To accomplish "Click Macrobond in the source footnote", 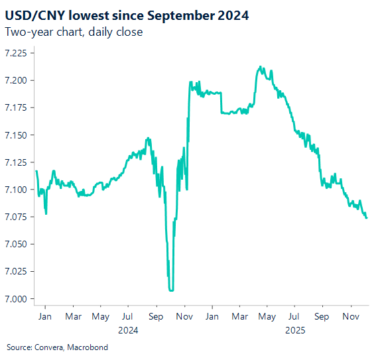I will pyautogui.click(x=88, y=347).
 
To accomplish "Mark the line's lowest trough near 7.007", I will pyautogui.click(x=171, y=290).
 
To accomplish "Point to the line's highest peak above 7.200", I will pyautogui.click(x=260, y=67).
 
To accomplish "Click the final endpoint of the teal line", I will pyautogui.click(x=367, y=217).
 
